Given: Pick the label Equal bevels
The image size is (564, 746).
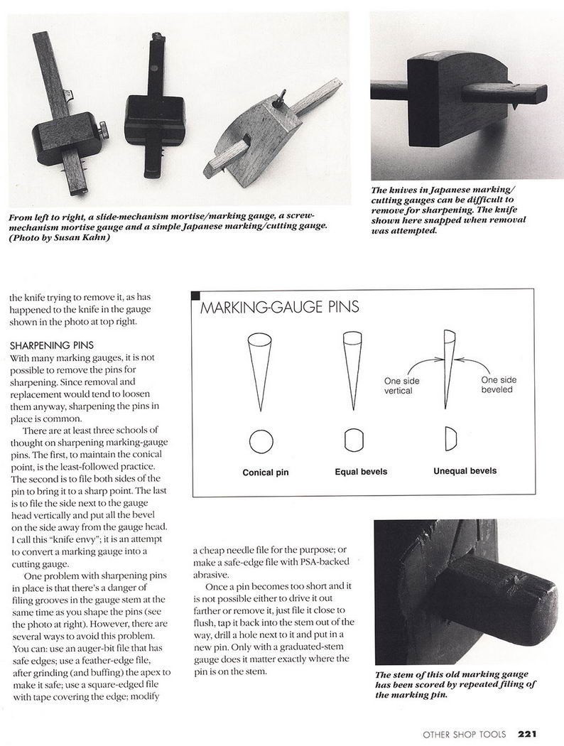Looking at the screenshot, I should coord(354,471).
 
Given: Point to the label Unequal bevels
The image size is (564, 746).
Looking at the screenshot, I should coord(465,470).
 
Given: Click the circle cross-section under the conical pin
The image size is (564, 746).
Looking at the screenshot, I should coord(261,441).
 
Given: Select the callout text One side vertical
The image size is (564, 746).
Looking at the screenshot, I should coord(403,386).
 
